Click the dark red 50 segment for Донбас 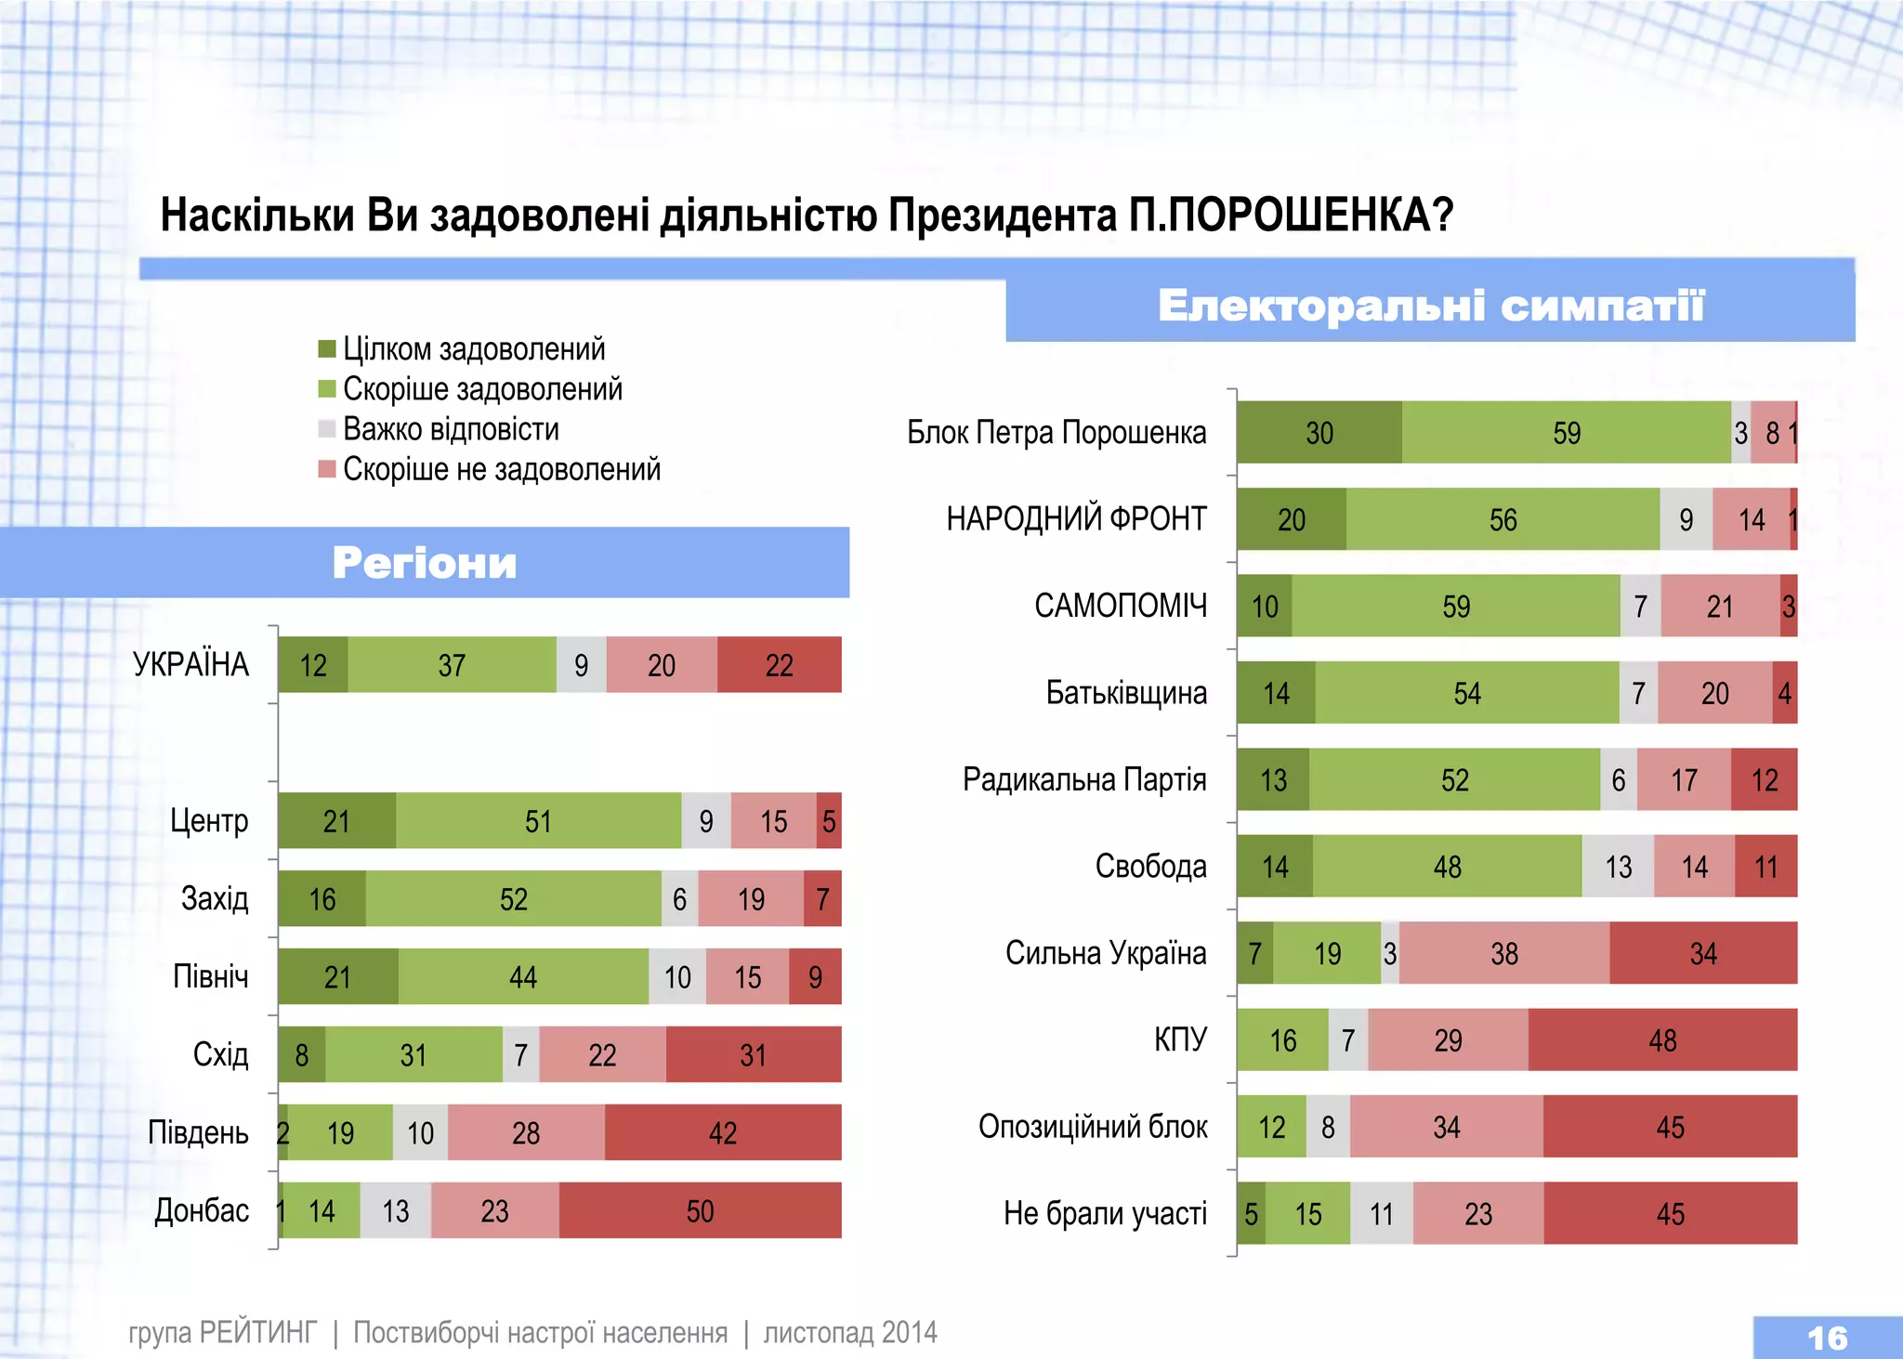tap(700, 1210)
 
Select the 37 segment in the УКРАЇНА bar tap(452, 665)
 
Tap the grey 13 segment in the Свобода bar tap(1618, 867)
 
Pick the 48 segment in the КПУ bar tap(1662, 1040)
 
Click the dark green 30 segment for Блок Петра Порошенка tap(1319, 433)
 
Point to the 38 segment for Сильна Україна tap(1503, 953)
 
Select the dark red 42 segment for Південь tap(722, 1132)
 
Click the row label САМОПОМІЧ tap(1121, 606)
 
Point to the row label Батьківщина tap(1126, 693)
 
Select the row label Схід tap(220, 1054)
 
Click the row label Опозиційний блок tap(1093, 1127)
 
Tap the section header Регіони tap(425, 563)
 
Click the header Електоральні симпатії tap(1431, 306)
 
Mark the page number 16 tap(1827, 1338)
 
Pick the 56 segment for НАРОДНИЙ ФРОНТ tap(1503, 519)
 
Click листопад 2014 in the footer tap(850, 1333)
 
